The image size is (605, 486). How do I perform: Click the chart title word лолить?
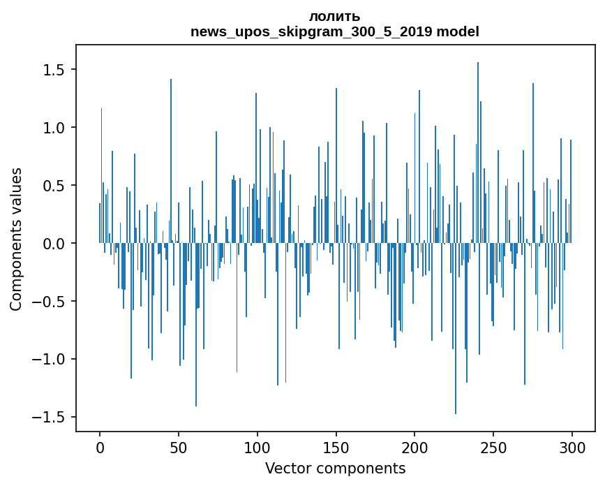pyautogui.click(x=334, y=17)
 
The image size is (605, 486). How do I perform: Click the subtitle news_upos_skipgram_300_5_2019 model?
pyautogui.click(x=334, y=31)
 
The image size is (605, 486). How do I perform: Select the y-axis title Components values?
pyautogui.click(x=16, y=239)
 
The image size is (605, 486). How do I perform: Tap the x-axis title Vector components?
pyautogui.click(x=335, y=468)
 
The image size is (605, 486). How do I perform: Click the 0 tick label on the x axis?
pyautogui.click(x=100, y=447)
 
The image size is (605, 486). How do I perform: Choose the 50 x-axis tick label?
pyautogui.click(x=179, y=447)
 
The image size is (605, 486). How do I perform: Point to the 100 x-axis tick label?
pyautogui.click(x=257, y=447)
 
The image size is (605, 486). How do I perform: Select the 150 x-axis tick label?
pyautogui.click(x=336, y=447)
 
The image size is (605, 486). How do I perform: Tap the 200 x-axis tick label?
pyautogui.click(x=415, y=447)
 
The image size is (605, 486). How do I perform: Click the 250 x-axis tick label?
pyautogui.click(x=494, y=447)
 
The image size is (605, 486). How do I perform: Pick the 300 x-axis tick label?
pyautogui.click(x=572, y=447)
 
